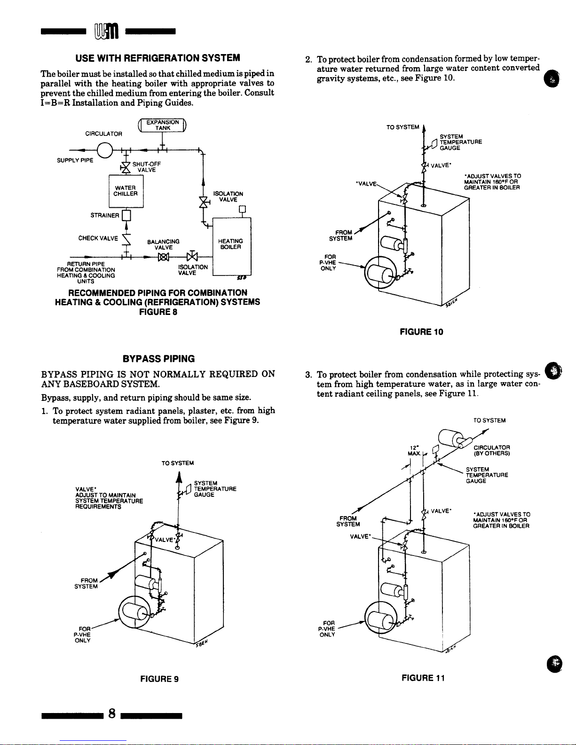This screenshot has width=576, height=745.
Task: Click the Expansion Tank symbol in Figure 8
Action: pyautogui.click(x=161, y=125)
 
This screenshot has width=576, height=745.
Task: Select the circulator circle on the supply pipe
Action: pyautogui.click(x=105, y=150)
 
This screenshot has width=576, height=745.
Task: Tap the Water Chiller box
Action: pyautogui.click(x=126, y=191)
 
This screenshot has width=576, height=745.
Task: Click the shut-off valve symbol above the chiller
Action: pyautogui.click(x=126, y=167)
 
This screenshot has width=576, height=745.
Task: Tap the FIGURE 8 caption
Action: pyautogui.click(x=158, y=311)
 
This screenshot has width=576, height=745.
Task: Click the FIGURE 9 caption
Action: pyautogui.click(x=159, y=679)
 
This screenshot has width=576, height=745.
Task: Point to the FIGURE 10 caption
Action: pyautogui.click(x=421, y=332)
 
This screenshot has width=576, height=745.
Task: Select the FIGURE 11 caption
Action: pyautogui.click(x=423, y=678)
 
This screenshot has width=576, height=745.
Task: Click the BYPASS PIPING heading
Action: pyautogui.click(x=158, y=359)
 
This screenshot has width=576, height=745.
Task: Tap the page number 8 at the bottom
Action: pyautogui.click(x=112, y=714)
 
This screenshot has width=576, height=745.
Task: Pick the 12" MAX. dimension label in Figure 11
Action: pyautogui.click(x=414, y=450)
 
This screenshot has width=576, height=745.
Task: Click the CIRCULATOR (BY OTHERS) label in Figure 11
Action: pyautogui.click(x=492, y=450)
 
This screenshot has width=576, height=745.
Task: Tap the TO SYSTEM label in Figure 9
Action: pyautogui.click(x=177, y=463)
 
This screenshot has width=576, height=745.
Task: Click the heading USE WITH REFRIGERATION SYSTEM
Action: pyautogui.click(x=158, y=58)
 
